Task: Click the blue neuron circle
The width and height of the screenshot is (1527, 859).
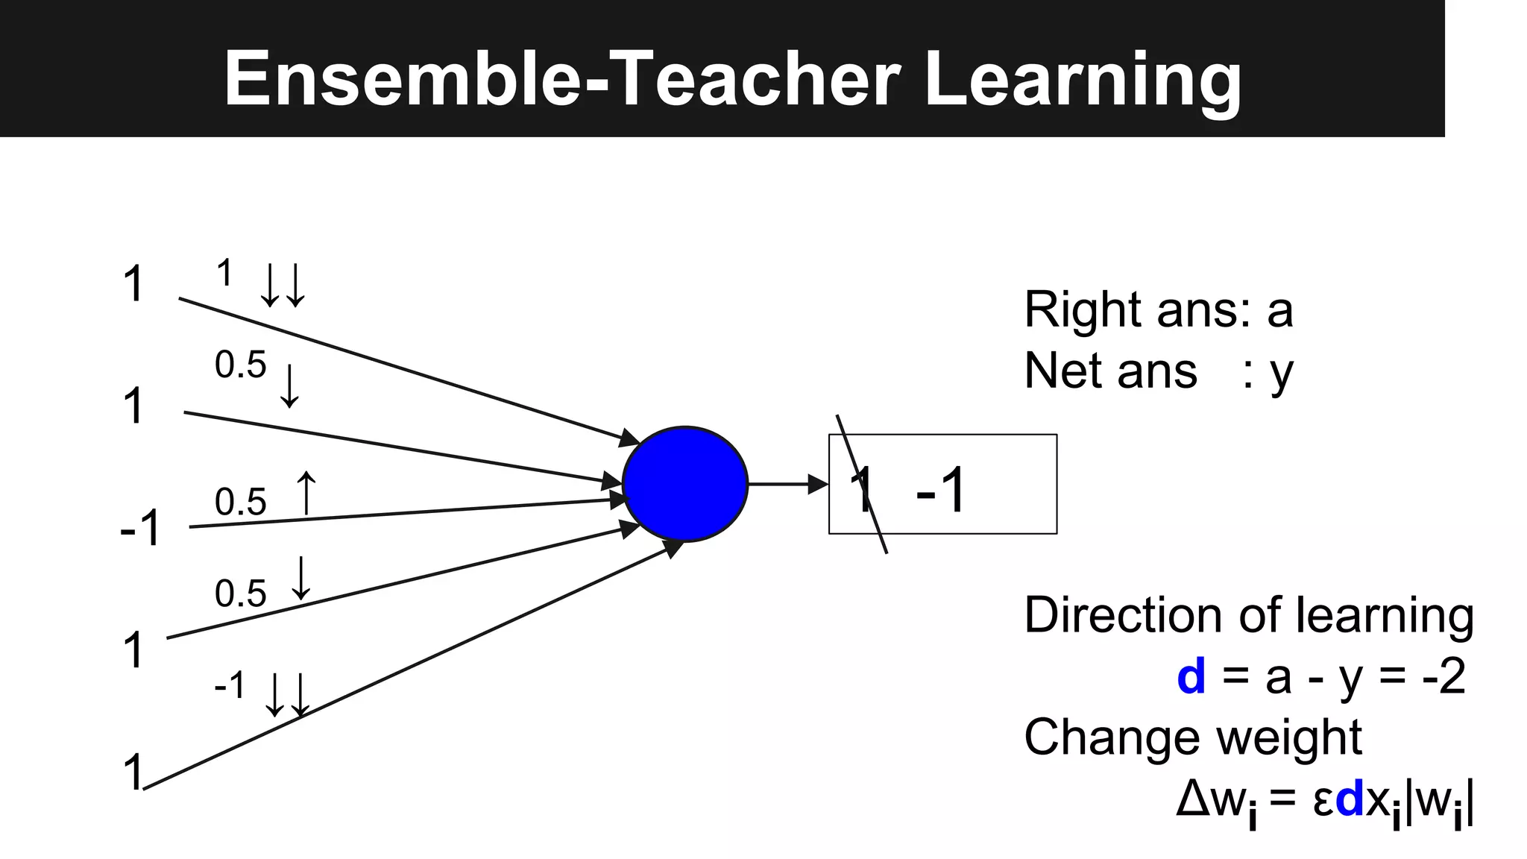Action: pos(684,484)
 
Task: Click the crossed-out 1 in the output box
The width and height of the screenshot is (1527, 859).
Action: pos(863,489)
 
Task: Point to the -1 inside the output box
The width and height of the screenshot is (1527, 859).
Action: pos(941,490)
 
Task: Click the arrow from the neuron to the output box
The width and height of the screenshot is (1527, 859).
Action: pos(787,484)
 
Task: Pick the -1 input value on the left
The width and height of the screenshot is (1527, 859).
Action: pos(140,528)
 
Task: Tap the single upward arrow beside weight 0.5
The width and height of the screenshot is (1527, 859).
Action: pos(306,492)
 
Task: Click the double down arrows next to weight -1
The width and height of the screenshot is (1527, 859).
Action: pos(288,694)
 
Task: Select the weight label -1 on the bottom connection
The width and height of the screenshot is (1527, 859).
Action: pos(230,685)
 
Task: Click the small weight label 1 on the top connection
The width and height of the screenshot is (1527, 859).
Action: pos(224,273)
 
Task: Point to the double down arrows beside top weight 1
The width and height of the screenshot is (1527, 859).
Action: pos(283,286)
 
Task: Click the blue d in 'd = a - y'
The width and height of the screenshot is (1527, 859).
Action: pos(1191,676)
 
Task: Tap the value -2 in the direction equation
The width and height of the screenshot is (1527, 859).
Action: pos(1443,676)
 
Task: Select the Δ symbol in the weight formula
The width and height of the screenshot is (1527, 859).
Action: pos(1192,799)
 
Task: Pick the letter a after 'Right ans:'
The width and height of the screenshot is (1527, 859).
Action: pos(1279,310)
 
